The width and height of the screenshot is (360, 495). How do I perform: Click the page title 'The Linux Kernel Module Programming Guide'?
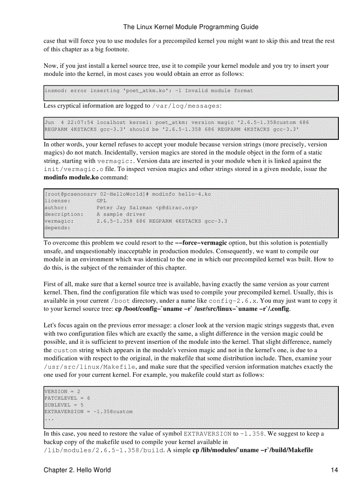point(191,27)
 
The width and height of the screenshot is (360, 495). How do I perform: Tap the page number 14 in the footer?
point(334,470)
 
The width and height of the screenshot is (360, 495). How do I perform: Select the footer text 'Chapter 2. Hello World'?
point(77,470)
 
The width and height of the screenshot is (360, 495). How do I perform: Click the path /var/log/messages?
point(185,106)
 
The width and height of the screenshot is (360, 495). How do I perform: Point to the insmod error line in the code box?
point(149,91)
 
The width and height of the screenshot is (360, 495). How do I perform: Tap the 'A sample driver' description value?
point(121,214)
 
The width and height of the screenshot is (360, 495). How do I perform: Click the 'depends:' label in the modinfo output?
point(57,228)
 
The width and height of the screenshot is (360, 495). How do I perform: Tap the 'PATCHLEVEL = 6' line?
point(67,398)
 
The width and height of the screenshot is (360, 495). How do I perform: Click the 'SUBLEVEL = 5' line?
point(64,405)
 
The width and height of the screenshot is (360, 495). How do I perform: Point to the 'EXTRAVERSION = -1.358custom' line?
point(88,411)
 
